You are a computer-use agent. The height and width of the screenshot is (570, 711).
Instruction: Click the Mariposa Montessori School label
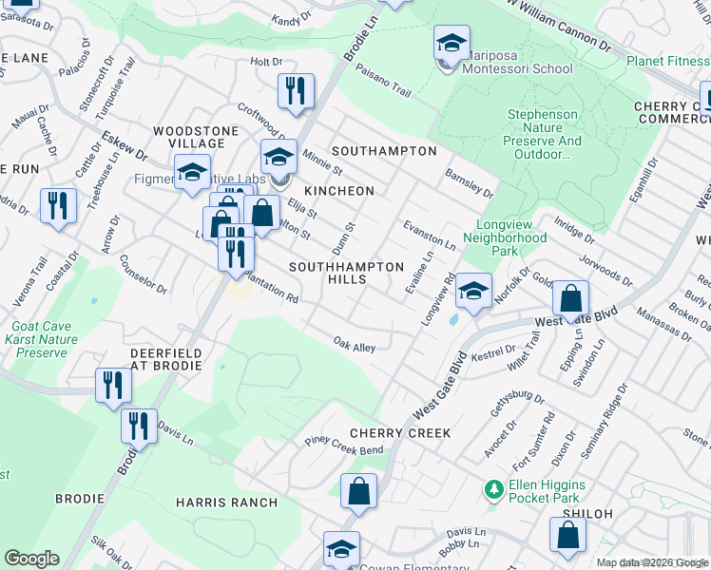pos(518,68)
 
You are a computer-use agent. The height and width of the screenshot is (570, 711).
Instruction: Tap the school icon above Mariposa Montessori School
pos(452,43)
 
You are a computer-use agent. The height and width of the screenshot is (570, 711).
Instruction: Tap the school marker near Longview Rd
pos(473,292)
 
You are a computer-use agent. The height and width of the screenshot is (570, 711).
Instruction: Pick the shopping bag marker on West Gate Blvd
pos(569,299)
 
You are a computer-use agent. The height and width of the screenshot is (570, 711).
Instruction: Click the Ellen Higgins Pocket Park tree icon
pos(493,490)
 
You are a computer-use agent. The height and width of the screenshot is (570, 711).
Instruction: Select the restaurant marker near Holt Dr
pos(296,91)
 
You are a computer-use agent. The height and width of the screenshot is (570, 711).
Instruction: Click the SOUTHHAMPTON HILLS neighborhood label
pos(346,274)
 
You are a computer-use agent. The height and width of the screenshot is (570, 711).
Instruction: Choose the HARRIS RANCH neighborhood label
pos(226,503)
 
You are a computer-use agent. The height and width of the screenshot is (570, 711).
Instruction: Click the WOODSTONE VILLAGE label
pos(189,137)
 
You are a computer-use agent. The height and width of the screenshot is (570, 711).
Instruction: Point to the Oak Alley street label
pos(354,344)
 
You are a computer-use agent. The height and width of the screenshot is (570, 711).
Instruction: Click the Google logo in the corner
pos(31,559)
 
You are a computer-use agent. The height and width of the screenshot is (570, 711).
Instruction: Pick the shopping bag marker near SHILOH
pos(567,535)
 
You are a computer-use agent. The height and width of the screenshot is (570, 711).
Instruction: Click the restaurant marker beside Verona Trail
pos(58,206)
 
